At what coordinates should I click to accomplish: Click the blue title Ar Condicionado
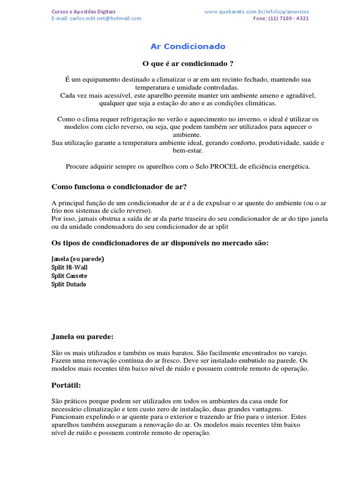pos(187,46)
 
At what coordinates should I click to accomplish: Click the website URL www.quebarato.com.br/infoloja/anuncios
pos(256,11)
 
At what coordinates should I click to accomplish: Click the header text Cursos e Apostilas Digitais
pos(83,11)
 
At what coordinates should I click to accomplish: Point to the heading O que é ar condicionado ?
pos(187,63)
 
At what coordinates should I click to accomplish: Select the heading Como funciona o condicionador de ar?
pos(119,187)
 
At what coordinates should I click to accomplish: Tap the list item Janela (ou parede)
pos(77,259)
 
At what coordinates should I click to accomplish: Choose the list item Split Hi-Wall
pos(69,267)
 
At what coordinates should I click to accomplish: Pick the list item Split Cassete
pos(69,276)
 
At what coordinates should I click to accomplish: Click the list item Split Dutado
pos(68,284)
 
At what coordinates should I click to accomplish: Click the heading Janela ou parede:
pos(82,337)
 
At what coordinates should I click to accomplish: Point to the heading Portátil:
pos(66,385)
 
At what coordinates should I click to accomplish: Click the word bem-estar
pos(187,150)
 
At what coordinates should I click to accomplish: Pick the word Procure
pos(78,166)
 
